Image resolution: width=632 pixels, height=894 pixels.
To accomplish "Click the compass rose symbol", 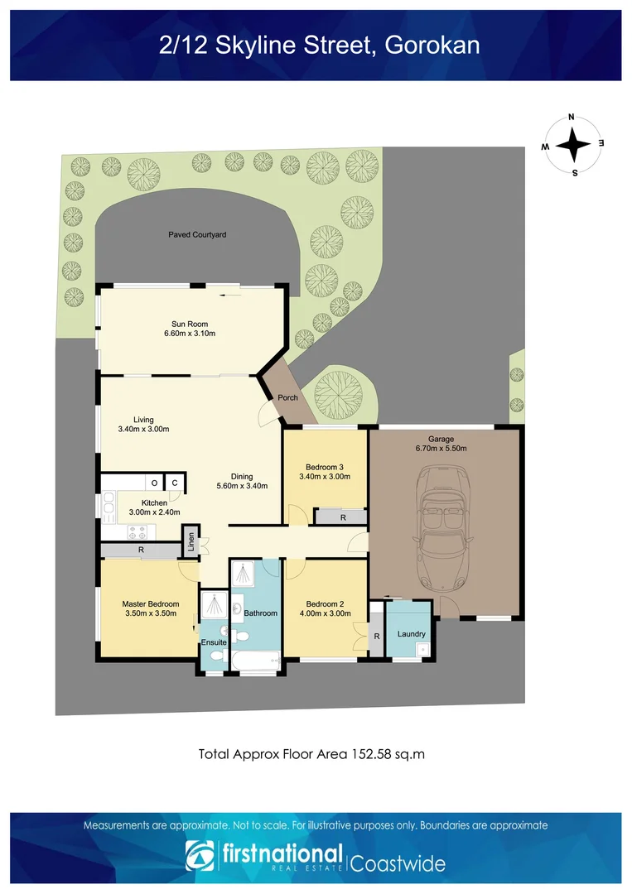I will pyautogui.click(x=572, y=144).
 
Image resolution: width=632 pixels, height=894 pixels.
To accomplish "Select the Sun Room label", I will pyautogui.click(x=190, y=324).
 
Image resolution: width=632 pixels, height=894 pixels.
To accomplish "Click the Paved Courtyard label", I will pyautogui.click(x=197, y=235).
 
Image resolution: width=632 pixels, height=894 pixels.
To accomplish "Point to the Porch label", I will pyautogui.click(x=287, y=398).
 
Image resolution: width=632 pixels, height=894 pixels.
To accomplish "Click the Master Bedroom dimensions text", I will pyautogui.click(x=150, y=614).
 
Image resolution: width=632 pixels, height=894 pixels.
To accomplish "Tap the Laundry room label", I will pyautogui.click(x=411, y=634).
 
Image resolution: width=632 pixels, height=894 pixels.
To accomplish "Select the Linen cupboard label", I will pyautogui.click(x=191, y=540).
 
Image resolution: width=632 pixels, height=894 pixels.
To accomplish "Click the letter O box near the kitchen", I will pyautogui.click(x=154, y=483).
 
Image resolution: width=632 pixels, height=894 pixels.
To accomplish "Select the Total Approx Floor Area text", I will pyautogui.click(x=311, y=754).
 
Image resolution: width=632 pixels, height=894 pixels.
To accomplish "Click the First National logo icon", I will pyautogui.click(x=200, y=856).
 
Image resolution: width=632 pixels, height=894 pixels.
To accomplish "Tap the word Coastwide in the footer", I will pyautogui.click(x=398, y=863).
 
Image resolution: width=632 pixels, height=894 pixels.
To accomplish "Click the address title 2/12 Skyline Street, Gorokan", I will pyautogui.click(x=319, y=45).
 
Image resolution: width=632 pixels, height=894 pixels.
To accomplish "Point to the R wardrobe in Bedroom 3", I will pyautogui.click(x=342, y=517).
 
